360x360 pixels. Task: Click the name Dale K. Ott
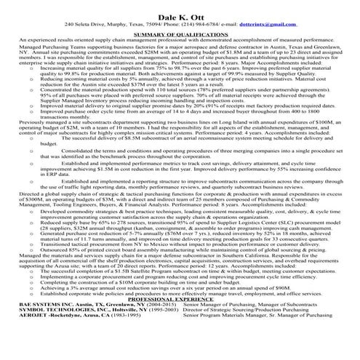pyautogui.click(x=180, y=12)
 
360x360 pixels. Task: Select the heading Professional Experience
pyautogui.click(x=180, y=319)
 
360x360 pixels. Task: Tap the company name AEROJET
pyautogui.click(x=24, y=336)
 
